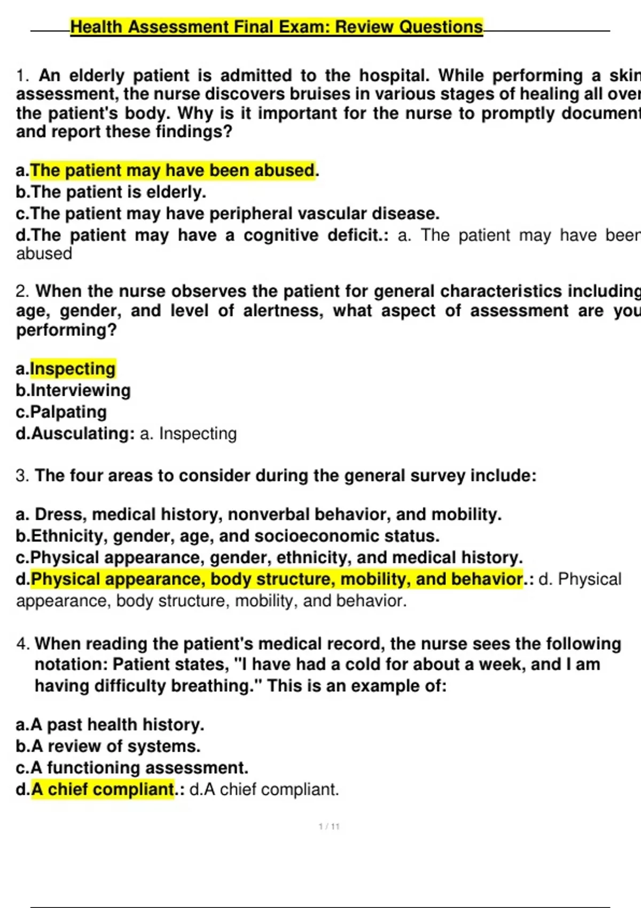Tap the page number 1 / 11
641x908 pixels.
coord(329,827)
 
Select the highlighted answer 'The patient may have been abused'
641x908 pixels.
coord(173,171)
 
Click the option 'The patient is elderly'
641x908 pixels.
coord(118,192)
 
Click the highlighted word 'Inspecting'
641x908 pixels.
coord(73,369)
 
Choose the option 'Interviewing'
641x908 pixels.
coord(80,390)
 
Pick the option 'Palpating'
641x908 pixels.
coord(68,412)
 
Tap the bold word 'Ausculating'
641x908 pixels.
coord(82,434)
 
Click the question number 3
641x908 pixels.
coord(22,476)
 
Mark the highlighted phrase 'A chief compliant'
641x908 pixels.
coord(103,789)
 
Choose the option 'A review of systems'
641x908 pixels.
coord(115,746)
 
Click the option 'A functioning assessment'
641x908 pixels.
coord(139,768)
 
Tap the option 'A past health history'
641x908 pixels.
coord(117,725)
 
